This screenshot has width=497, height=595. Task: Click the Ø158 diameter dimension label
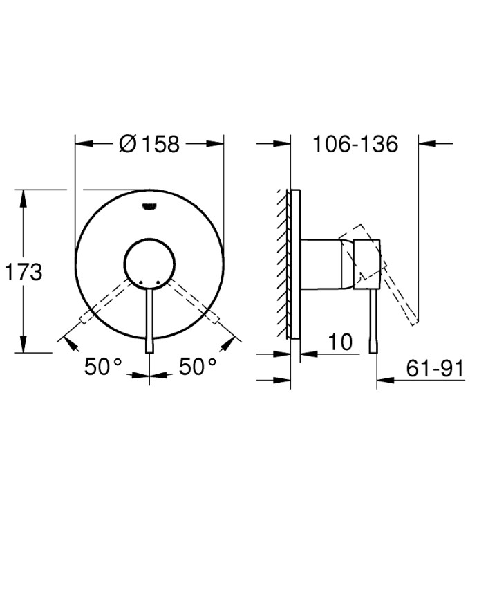pyautogui.click(x=149, y=144)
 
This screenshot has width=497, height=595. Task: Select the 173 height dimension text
pyautogui.click(x=24, y=271)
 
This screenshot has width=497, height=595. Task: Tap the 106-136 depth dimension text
pyautogui.click(x=355, y=144)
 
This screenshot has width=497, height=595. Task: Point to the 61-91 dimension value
pyautogui.click(x=434, y=369)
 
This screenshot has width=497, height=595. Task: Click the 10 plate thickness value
pyautogui.click(x=340, y=342)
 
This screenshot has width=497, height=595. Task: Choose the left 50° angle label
pyautogui.click(x=103, y=367)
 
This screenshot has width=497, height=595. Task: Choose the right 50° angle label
pyautogui.click(x=198, y=367)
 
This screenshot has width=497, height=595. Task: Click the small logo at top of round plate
pyautogui.click(x=149, y=204)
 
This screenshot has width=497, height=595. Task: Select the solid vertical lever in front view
pyautogui.click(x=149, y=318)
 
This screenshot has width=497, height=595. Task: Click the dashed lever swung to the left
pyautogui.click(x=104, y=301)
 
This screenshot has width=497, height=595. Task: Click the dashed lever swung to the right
pyautogui.click(x=195, y=301)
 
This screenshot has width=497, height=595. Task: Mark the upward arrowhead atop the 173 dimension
pyautogui.click(x=24, y=198)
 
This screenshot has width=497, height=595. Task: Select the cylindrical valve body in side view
pyautogui.click(x=322, y=263)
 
